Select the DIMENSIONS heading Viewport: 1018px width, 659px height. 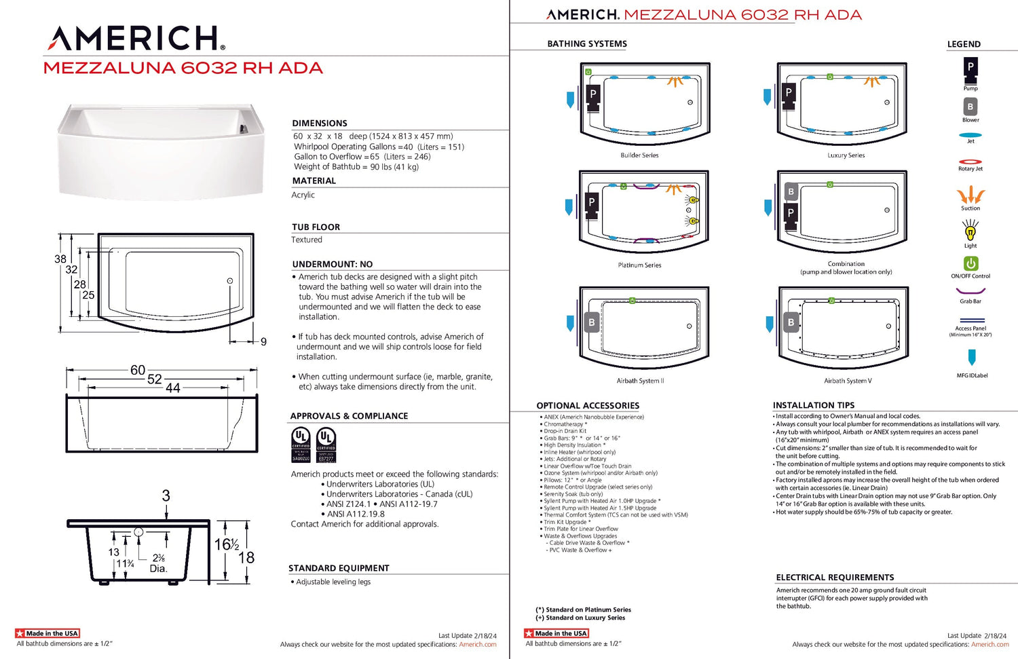click(320, 124)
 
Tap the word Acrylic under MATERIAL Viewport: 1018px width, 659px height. click(303, 195)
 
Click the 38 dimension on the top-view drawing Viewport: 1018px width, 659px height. click(60, 259)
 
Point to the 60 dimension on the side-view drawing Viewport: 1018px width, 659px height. click(138, 370)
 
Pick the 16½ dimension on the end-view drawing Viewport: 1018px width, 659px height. click(227, 544)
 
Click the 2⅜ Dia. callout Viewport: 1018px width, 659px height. click(158, 563)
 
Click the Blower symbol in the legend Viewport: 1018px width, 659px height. click(970, 107)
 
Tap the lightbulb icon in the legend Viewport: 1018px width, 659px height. click(970, 231)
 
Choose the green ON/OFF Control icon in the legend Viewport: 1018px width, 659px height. click(970, 263)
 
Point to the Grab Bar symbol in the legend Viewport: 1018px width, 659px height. click(970, 292)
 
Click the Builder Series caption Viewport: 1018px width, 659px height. click(639, 155)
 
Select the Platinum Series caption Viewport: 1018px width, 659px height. click(639, 265)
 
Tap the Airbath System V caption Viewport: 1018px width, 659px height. click(848, 381)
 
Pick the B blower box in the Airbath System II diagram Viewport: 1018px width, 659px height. click(592, 323)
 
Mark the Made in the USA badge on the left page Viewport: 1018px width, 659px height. click(48, 633)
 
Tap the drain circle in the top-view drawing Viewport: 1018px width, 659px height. click(230, 281)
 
